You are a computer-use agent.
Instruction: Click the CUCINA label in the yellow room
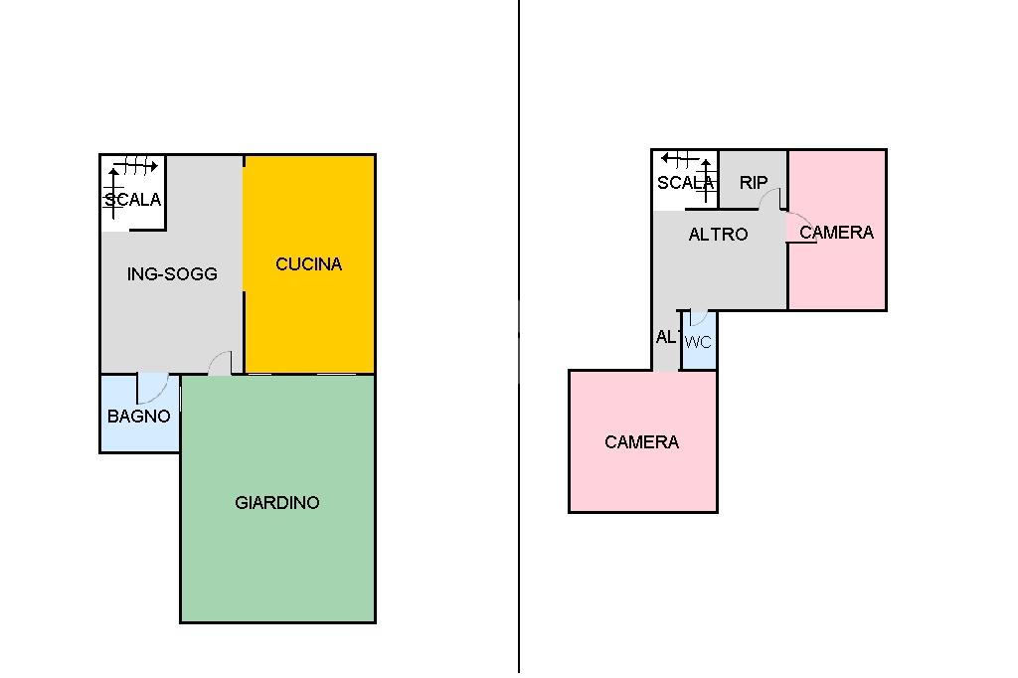[x=308, y=263]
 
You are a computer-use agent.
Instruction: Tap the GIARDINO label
[x=277, y=502]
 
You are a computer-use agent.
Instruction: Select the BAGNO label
[x=139, y=417]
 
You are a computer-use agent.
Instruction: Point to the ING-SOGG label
[x=172, y=273]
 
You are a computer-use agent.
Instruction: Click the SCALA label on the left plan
[x=133, y=200]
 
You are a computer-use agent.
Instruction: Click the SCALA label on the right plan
[x=685, y=182]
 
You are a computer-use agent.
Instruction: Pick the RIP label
[x=754, y=182]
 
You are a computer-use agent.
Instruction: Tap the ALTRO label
[x=718, y=235]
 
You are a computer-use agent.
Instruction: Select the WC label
[x=699, y=342]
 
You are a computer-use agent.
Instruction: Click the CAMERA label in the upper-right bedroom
[x=836, y=232]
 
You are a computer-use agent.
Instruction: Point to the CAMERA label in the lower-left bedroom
[x=641, y=441]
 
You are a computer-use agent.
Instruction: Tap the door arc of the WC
[x=699, y=318]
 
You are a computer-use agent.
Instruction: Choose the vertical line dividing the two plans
[x=519, y=338]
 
